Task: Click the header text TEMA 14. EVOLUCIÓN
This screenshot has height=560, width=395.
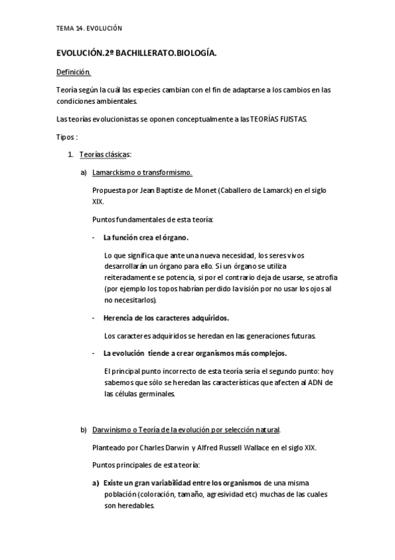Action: coord(90,28)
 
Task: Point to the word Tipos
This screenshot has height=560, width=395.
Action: coord(66,137)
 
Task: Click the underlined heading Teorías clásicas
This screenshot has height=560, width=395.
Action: coord(105,155)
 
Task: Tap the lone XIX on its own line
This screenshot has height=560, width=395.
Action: coord(98,201)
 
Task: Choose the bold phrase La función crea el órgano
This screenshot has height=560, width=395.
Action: coord(146,236)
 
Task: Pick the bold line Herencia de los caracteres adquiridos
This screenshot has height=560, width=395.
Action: coord(166,318)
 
